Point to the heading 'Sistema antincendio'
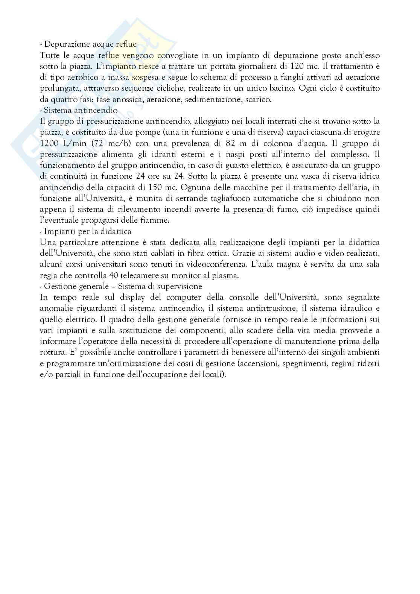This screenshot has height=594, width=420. click(81, 111)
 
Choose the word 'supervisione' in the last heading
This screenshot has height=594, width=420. click(179, 286)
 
